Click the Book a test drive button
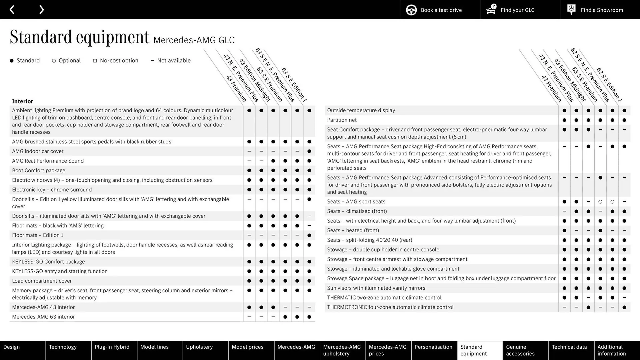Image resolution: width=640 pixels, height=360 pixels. pos(440,10)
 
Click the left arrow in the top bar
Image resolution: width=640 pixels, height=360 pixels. pos(12,10)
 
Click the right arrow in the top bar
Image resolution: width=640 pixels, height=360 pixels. pos(41,10)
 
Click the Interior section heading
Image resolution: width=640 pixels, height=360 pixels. pos(23,101)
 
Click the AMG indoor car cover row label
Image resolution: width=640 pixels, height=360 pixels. pos(38,151)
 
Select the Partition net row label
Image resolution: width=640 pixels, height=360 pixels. pos(342,120)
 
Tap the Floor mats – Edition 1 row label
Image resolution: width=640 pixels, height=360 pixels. pos(38,235)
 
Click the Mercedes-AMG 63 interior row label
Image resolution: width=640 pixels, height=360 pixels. pos(43,317)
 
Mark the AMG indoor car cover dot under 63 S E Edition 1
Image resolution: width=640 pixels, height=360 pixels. pos(309,151)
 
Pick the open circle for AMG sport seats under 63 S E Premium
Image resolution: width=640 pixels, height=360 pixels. pos(600,202)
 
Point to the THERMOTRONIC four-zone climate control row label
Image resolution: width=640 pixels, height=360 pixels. pos(390,307)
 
